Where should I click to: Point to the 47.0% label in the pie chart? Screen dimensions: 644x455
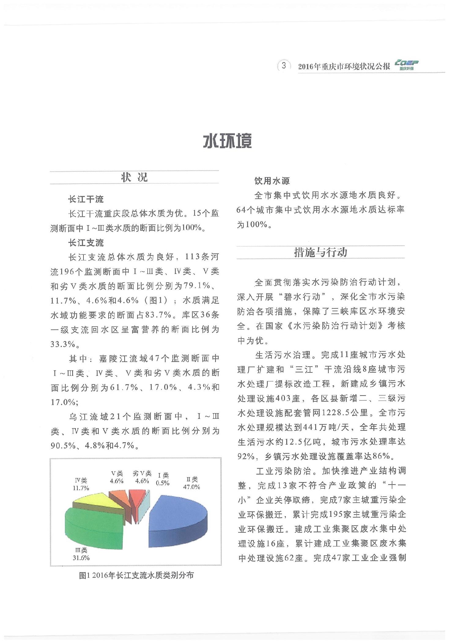coord(191,487)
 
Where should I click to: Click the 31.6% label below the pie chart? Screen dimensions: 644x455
coord(81,558)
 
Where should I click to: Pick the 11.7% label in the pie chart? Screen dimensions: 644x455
coord(81,488)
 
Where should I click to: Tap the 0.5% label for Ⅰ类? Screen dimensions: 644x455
coord(163,483)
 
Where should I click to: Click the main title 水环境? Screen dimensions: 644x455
coord(227,141)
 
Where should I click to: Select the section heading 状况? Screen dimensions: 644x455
coord(134,177)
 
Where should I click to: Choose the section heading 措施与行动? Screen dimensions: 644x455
coord(320,252)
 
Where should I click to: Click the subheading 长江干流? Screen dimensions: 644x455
coord(86,199)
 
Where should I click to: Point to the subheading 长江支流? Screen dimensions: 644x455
coord(86,243)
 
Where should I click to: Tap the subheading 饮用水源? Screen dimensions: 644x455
coord(272,181)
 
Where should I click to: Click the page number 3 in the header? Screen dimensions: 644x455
coord(284,65)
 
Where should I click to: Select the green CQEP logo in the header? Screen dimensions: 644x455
coord(406,65)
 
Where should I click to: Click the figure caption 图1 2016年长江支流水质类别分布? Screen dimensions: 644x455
coord(136,575)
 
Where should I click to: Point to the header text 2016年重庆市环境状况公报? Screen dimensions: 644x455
coord(344,66)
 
